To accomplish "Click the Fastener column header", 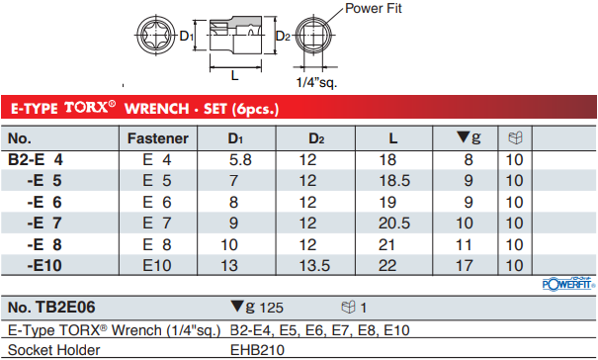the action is point(158,138).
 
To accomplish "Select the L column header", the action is point(393,138).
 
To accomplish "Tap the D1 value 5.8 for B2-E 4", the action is point(240,160).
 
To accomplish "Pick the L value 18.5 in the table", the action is point(394,181).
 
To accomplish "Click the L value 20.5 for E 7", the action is point(394,223).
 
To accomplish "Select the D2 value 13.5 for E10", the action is point(314,266).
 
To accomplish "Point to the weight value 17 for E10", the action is point(465,266).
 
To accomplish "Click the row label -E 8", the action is point(44,244).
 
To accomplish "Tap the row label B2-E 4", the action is point(36,159).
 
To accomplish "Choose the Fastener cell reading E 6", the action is point(157,203).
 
